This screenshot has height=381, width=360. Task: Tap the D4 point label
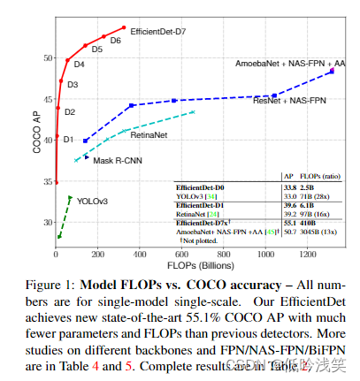(x=79, y=64)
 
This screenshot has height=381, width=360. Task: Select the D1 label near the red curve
(x=68, y=139)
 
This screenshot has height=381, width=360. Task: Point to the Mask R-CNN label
(x=118, y=161)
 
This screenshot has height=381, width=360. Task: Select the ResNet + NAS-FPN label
(x=288, y=102)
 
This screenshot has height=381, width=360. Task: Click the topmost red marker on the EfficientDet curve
(x=124, y=28)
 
